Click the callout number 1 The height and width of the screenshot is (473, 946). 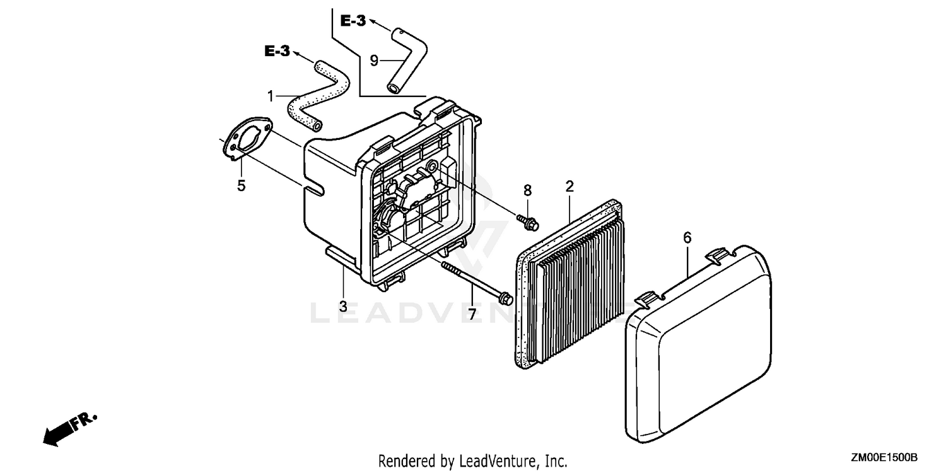271,96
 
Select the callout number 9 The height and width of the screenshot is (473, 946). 374,61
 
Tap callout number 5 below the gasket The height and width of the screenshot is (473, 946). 241,186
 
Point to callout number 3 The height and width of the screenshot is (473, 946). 343,307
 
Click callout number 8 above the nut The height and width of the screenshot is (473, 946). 527,190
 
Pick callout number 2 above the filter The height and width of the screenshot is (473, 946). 569,185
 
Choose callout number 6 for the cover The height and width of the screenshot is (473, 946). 687,238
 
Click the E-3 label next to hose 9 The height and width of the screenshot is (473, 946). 353,21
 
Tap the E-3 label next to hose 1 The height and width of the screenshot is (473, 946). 277,52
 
